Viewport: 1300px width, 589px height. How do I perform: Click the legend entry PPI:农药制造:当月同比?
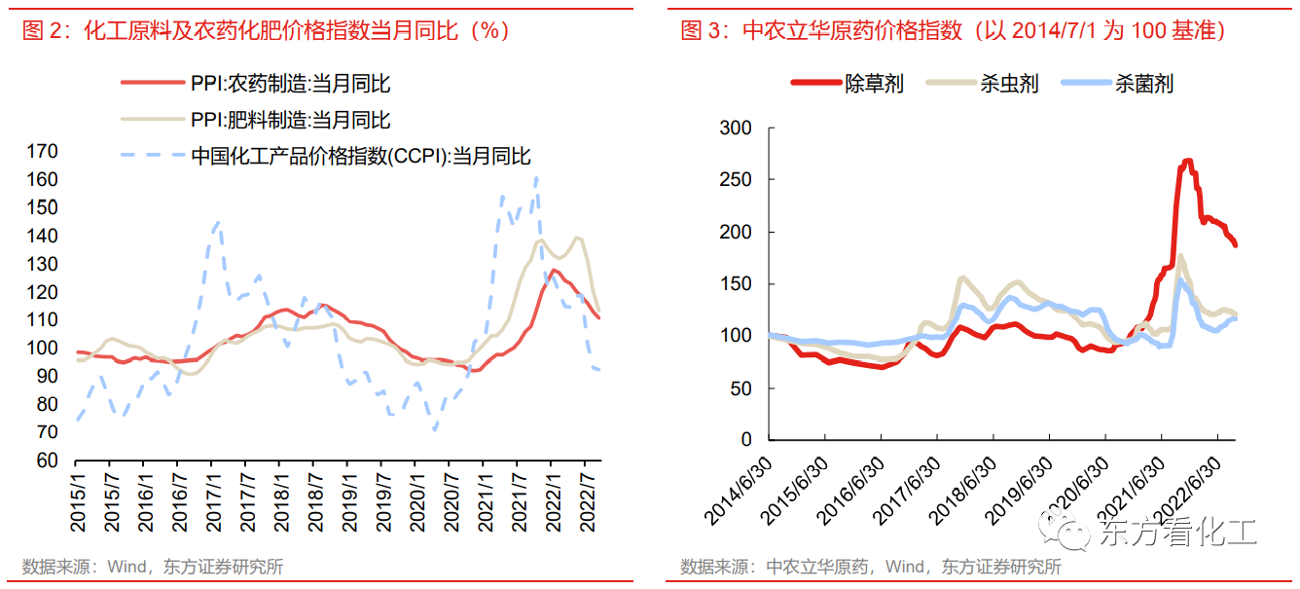(290, 85)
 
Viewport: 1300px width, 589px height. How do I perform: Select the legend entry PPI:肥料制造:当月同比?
(290, 121)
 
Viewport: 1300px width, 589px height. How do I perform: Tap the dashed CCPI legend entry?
(360, 156)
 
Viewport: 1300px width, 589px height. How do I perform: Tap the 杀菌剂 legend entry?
(1143, 85)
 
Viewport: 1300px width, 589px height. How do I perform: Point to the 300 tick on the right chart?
(735, 129)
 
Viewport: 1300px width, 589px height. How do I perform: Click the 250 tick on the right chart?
(735, 181)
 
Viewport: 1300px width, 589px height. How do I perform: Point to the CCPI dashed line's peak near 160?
(536, 177)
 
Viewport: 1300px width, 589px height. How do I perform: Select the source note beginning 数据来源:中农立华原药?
(870, 568)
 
